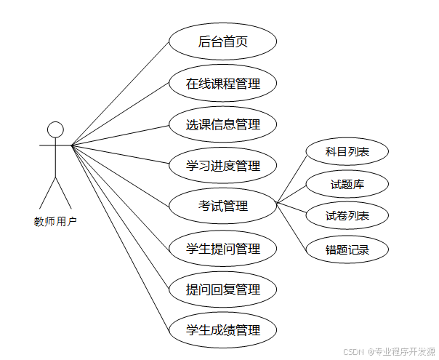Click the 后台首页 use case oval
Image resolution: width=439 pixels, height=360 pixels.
point(222,42)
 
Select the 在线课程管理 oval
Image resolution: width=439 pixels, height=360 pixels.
point(222,84)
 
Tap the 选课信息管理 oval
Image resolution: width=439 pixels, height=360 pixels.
point(222,124)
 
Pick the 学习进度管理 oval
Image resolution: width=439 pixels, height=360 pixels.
point(222,166)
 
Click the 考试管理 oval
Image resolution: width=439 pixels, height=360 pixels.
point(222,207)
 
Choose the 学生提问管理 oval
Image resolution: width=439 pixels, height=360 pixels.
point(222,249)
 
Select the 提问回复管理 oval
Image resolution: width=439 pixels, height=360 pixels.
point(222,289)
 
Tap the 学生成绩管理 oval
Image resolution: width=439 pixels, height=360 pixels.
point(222,330)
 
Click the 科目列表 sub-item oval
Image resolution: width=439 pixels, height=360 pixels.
point(347,152)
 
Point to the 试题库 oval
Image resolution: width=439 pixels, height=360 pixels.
point(347,185)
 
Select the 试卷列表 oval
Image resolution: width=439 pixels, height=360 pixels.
point(347,216)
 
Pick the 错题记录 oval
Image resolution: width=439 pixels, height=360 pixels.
point(347,250)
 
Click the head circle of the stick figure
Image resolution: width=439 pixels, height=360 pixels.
point(55,130)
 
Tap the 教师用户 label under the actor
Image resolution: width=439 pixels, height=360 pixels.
point(55,221)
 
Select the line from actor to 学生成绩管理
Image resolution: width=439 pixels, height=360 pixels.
point(120,236)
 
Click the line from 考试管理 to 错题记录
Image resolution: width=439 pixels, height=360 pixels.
point(291,228)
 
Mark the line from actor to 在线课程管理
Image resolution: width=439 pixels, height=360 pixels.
point(120,114)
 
